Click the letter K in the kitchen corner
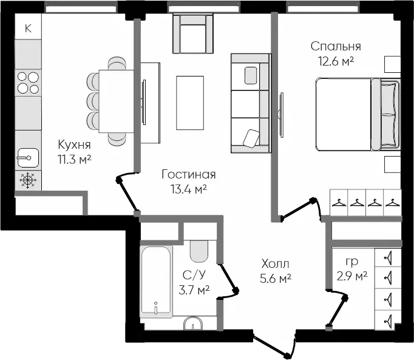pos(28,27)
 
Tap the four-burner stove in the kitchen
pos(27,83)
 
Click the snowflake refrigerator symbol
pos(28,180)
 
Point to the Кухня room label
pos(75,144)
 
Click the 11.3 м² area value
pos(75,159)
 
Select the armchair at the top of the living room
pos(193,35)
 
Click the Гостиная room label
pos(189,175)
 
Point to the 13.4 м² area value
pos(189,189)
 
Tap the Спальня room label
pos(336,46)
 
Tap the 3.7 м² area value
pos(195,290)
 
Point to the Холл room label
pos(276,264)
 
